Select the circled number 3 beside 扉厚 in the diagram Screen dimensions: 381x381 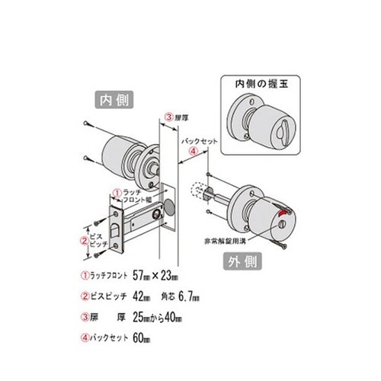coord(169,117)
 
